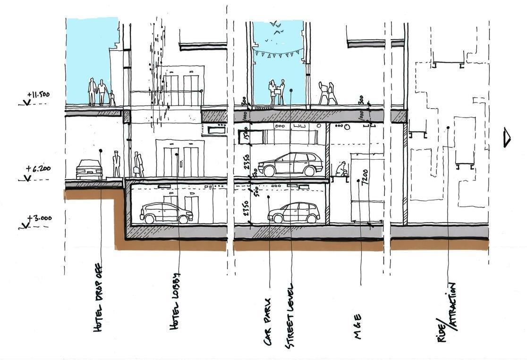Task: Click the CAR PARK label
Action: [268, 321]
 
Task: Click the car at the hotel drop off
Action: [89, 169]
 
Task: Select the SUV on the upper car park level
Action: [290, 164]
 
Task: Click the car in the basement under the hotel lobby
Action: [166, 213]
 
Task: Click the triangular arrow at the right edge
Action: [507, 137]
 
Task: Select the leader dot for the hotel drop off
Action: [101, 151]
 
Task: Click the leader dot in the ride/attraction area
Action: [448, 127]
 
